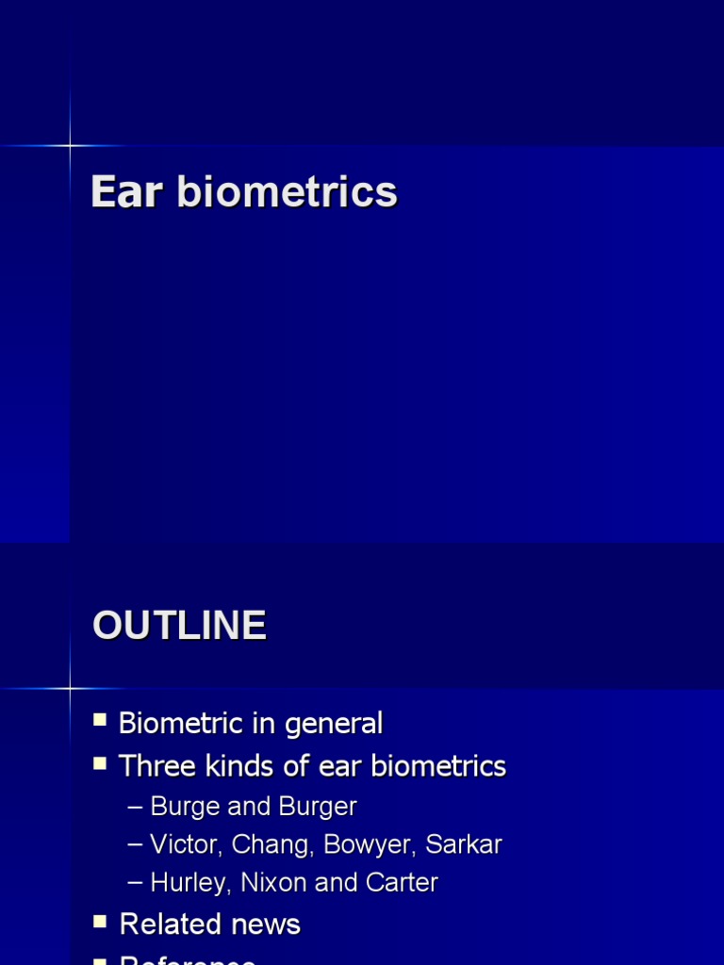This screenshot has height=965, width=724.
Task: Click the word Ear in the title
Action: coord(126,192)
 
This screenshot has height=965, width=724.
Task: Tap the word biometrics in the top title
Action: coord(287,192)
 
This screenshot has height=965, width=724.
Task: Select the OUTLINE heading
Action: coord(179,626)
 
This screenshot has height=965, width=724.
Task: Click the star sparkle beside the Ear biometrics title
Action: coord(70,145)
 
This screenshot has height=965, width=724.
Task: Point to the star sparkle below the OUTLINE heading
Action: coord(70,689)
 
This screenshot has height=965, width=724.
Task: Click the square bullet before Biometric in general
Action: coord(100,721)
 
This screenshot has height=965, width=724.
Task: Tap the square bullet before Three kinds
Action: coord(100,763)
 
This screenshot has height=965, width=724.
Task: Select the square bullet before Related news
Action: coord(100,922)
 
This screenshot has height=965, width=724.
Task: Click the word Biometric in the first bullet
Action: coord(181,724)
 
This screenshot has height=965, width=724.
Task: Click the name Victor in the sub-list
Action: coord(181,845)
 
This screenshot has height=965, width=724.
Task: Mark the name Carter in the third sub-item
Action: coord(404,883)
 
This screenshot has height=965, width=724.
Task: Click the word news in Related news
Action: coord(268,924)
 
